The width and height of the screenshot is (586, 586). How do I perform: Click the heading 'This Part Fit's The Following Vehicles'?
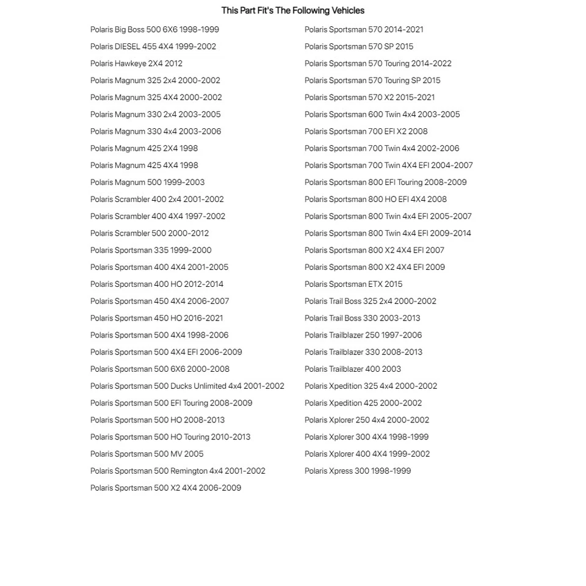click(292, 10)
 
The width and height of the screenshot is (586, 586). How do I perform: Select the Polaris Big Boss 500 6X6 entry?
click(154, 29)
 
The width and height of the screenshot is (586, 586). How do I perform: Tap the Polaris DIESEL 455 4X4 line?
click(153, 46)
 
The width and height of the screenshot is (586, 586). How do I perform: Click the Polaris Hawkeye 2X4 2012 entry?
click(136, 63)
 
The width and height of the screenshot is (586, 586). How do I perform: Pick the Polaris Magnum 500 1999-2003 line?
click(147, 182)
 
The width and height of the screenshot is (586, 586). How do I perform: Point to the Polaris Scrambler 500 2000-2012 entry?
click(149, 233)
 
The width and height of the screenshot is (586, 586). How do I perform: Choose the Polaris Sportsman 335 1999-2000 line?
click(151, 250)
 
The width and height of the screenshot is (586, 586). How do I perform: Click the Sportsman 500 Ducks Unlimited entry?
click(187, 386)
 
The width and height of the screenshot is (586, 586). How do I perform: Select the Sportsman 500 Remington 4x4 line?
click(178, 471)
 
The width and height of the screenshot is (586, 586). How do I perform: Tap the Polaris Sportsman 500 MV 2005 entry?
click(146, 454)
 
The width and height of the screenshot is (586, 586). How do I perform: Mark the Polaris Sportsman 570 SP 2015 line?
click(358, 46)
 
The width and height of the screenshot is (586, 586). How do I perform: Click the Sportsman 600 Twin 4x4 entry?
click(382, 114)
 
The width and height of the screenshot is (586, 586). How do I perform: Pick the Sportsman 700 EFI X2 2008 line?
click(366, 131)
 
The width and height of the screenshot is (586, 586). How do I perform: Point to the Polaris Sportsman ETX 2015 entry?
click(353, 284)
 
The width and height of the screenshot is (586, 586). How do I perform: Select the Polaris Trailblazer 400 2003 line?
click(352, 369)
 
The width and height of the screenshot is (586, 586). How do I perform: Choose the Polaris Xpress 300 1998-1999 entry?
click(357, 471)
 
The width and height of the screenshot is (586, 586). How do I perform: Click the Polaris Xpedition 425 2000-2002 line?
click(363, 403)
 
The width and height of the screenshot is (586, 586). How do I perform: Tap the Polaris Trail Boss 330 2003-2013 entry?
click(362, 318)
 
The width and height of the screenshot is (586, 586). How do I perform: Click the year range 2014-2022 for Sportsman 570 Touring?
click(431, 63)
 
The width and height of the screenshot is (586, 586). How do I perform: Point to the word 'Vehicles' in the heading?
click(348, 10)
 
